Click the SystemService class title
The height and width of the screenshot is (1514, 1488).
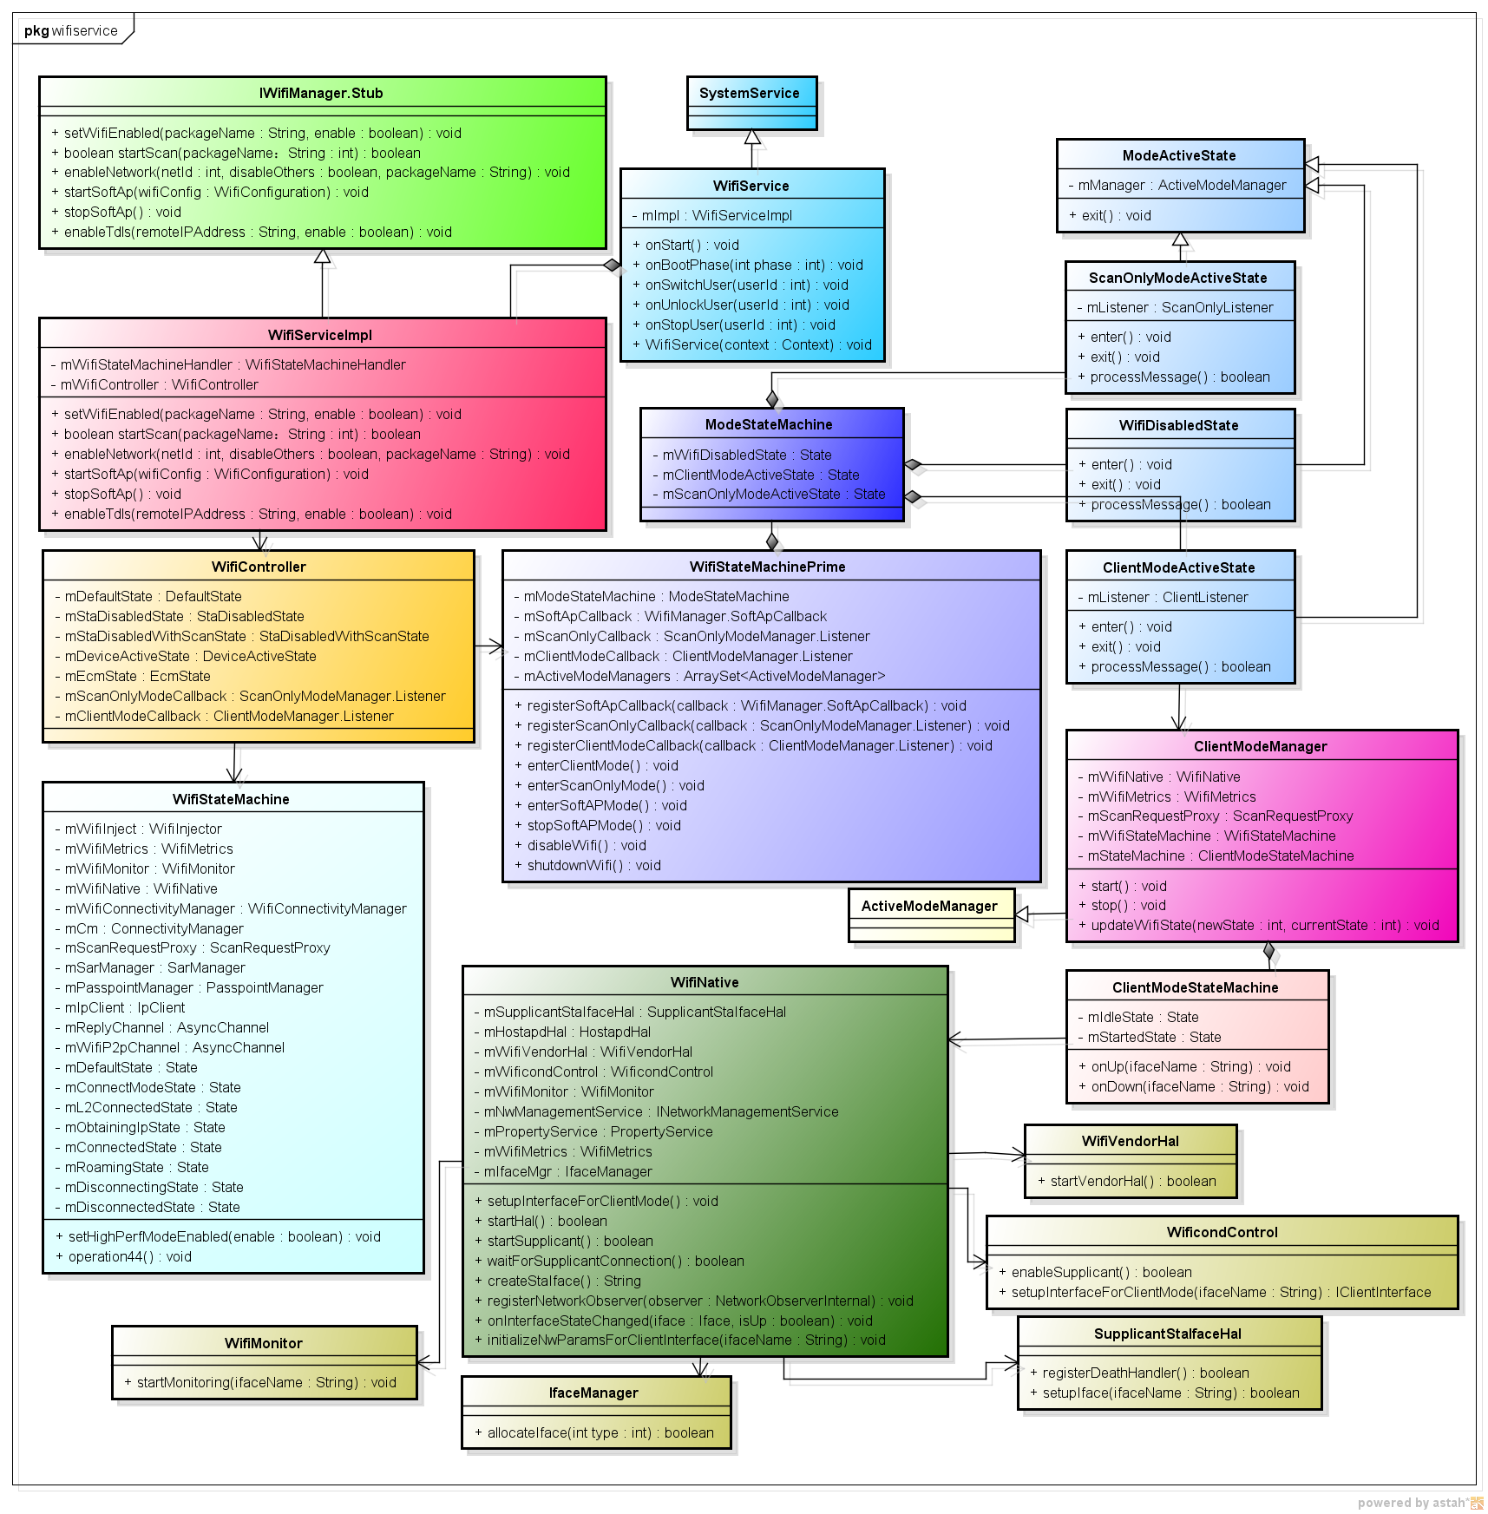coord(750,93)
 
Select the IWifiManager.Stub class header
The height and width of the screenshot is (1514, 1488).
coord(321,93)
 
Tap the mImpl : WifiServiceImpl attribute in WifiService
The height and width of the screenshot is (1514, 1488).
coord(717,215)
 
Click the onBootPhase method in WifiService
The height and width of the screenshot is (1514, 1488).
coord(753,265)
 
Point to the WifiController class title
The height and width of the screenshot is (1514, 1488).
coord(259,567)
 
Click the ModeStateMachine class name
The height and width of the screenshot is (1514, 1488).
coord(769,424)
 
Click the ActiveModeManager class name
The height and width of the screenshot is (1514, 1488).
coord(929,906)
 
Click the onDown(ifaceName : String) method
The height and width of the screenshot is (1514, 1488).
coord(1199,1086)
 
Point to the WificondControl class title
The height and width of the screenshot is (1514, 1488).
coord(1222,1232)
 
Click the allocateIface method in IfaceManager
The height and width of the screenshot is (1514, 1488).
coord(600,1432)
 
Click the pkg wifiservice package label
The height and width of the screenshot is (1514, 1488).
coord(71,30)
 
